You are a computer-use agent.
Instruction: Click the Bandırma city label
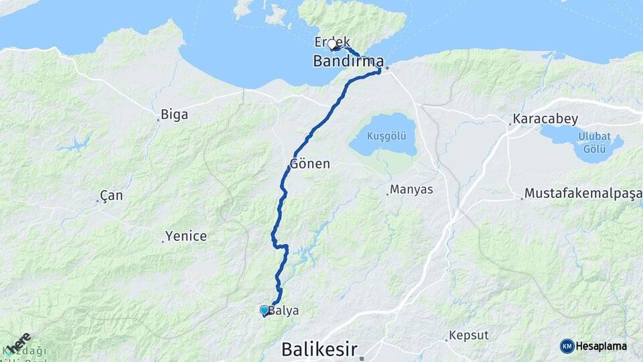coord(348,61)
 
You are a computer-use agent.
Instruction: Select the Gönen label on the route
coord(310,164)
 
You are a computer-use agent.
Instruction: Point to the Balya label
coord(283,310)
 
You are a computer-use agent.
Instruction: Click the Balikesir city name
coord(319,349)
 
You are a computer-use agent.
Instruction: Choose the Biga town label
coord(175,115)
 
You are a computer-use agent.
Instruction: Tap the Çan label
coord(111,196)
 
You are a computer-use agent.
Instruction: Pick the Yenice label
coord(186,236)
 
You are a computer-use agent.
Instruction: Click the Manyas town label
coord(411,190)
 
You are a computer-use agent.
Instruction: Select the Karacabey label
coord(545,119)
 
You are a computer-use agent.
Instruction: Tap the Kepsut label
coord(469,335)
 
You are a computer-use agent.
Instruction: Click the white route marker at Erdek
coord(332,45)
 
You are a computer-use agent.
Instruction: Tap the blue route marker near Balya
coord(265,310)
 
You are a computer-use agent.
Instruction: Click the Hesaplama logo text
coord(601,346)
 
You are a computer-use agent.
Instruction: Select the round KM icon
coord(567,346)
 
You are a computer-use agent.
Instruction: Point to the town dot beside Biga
coord(159,120)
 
